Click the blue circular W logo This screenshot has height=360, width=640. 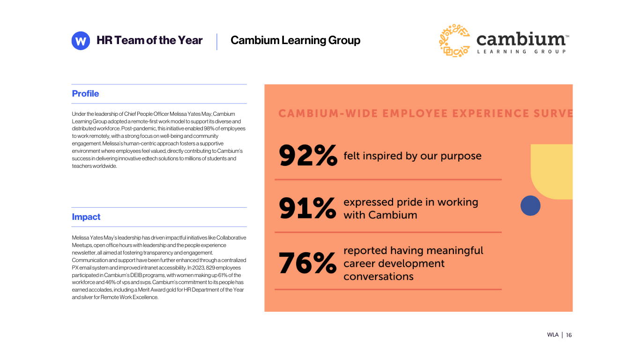pos(81,41)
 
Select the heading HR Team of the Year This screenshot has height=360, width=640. pos(149,40)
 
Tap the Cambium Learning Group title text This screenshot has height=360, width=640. pos(295,40)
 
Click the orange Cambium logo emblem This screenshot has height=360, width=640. pos(454,41)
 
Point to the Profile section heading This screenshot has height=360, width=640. pos(85,94)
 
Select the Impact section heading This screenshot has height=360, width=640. pos(86,217)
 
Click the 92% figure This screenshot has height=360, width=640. pos(308,156)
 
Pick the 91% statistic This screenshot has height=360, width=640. pos(307,209)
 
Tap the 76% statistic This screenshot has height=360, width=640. pos(307,263)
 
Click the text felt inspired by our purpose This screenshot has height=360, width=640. pos(412,156)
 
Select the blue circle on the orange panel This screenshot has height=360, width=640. pos(530,206)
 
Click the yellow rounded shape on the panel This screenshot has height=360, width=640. pos(552,171)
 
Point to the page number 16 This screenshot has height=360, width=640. pos(569,335)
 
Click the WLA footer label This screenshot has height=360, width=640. pos(553,335)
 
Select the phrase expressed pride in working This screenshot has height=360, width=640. pos(411,202)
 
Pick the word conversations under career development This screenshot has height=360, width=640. pos(379,276)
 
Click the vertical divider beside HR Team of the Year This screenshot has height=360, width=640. pos(217,41)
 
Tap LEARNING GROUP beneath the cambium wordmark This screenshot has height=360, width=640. pos(521,52)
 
